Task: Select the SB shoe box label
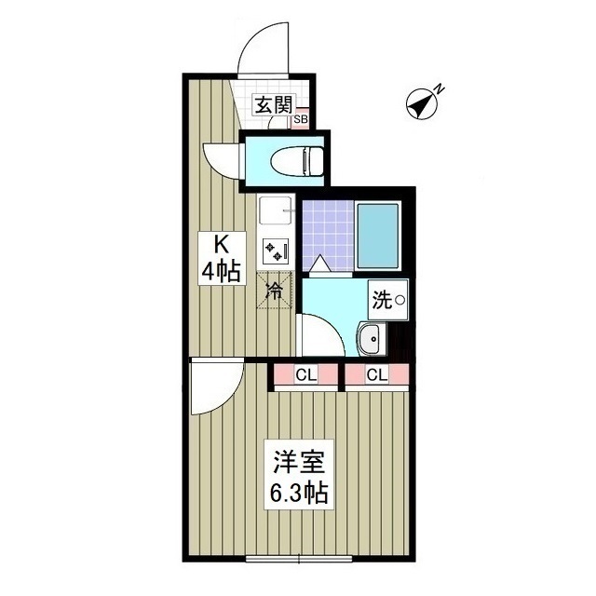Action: pos(301,119)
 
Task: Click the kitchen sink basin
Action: pos(276,213)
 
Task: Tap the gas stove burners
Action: pos(277,250)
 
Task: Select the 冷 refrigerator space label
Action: pos(275,291)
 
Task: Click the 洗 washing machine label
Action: pos(383,300)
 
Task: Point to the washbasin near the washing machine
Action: pos(369,339)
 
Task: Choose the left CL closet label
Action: pos(305,375)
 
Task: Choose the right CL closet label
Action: pos(376,375)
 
